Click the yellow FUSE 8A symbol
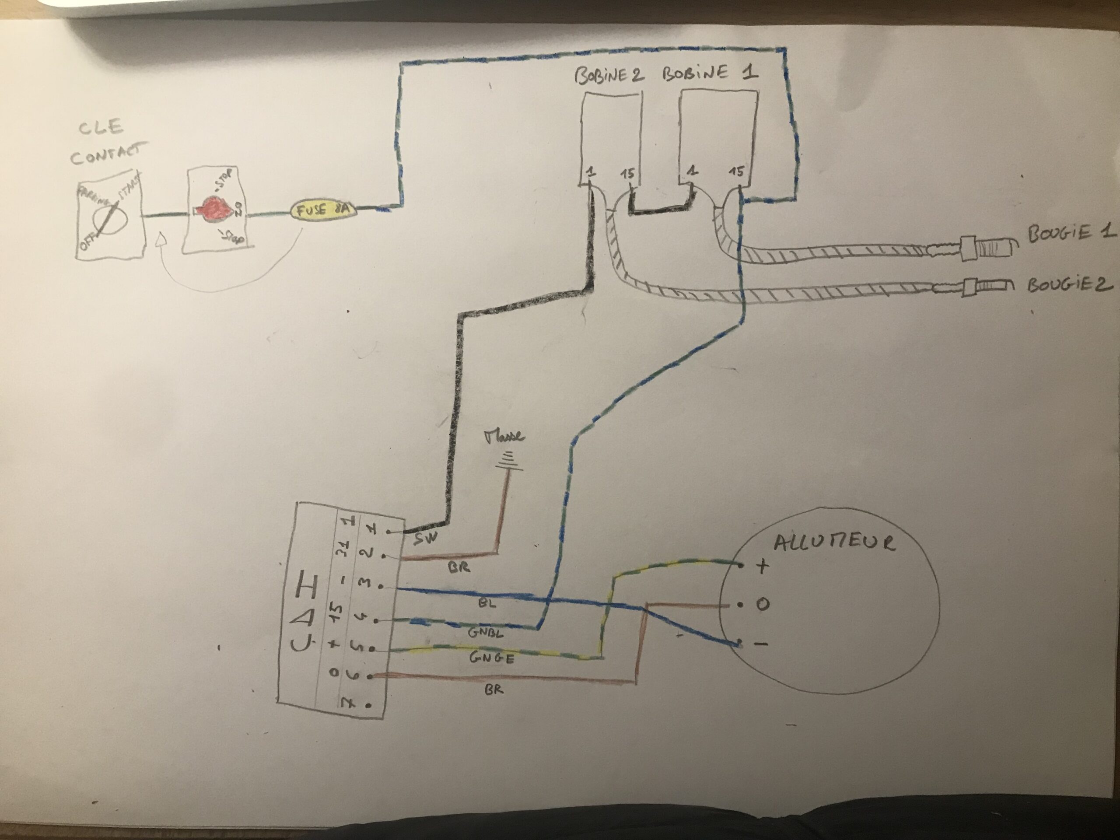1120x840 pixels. click(323, 210)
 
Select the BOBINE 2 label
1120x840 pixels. click(609, 75)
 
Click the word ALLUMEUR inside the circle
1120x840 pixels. click(834, 543)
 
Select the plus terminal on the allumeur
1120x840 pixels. click(762, 566)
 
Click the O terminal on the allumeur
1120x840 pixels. click(762, 605)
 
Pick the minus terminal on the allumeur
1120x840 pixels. click(761, 644)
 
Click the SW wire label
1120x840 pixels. click(424, 540)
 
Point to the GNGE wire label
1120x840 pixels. click(492, 658)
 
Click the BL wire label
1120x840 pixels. click(486, 604)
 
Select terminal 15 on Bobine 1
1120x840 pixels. click(736, 172)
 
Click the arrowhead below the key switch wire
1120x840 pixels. click(161, 238)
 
